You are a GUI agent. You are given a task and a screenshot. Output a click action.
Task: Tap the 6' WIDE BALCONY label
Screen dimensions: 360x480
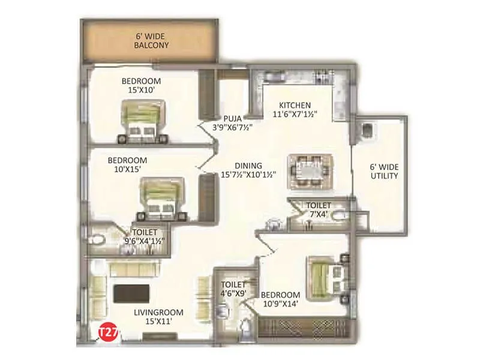click(x=151, y=40)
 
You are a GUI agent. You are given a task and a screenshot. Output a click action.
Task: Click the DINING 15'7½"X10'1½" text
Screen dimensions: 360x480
click(x=248, y=170)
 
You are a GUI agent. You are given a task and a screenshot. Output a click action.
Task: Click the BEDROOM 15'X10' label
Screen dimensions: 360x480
click(x=141, y=86)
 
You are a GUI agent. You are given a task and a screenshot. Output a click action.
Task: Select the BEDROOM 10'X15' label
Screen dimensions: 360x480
click(x=127, y=165)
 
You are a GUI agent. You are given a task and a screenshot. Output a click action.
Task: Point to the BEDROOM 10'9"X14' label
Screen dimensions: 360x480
click(x=280, y=299)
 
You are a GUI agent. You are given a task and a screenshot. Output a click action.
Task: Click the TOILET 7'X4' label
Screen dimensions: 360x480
click(x=318, y=209)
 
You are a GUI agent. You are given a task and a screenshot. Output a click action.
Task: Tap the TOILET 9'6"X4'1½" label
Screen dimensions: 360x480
click(x=145, y=236)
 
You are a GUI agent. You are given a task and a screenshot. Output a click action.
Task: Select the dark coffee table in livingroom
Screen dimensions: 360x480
click(x=131, y=293)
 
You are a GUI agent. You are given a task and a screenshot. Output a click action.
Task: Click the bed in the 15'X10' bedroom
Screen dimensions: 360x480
click(x=142, y=121)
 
